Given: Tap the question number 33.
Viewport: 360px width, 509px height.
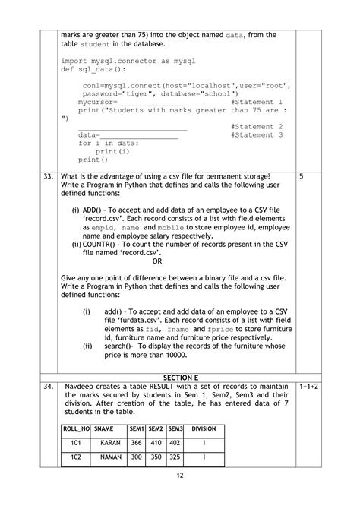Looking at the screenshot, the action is click(47, 176).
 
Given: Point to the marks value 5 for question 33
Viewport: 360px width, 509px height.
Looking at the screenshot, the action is click(302, 176).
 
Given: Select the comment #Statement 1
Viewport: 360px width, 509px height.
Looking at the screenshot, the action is click(256, 101).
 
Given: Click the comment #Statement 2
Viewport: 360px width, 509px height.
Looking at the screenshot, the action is click(256, 126).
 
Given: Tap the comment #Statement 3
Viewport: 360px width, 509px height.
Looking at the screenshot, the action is click(256, 134).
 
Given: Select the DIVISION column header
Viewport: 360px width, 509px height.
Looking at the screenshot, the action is click(204, 428).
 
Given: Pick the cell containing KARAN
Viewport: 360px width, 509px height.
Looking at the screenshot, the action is click(111, 442).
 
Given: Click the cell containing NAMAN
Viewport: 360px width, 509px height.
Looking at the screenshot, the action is click(111, 458).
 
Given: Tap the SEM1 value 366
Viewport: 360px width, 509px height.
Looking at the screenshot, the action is click(137, 442).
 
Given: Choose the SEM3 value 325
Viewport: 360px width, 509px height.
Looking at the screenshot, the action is click(175, 458).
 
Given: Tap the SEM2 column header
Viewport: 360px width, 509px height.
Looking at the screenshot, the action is click(156, 428).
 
